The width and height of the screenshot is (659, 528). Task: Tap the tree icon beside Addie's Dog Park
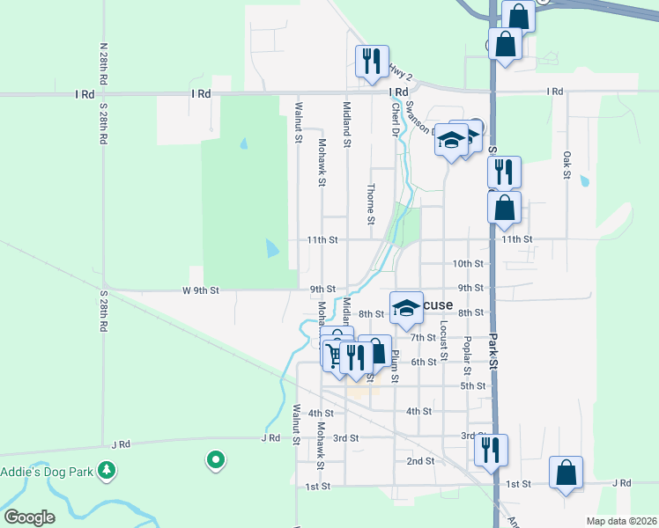click(x=107, y=471)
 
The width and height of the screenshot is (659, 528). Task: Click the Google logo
click(x=28, y=517)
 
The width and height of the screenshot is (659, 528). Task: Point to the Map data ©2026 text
click(x=620, y=521)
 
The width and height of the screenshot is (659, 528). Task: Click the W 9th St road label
click(x=201, y=290)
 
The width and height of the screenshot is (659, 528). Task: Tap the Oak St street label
click(x=567, y=164)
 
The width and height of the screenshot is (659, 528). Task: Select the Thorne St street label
click(x=372, y=202)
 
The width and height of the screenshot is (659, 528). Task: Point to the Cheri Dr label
click(x=396, y=119)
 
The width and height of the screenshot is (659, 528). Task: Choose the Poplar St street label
click(x=468, y=352)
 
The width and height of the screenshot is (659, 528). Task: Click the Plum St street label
click(x=396, y=366)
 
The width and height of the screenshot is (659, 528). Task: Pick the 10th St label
click(x=468, y=263)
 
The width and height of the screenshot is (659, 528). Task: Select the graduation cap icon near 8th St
click(x=406, y=307)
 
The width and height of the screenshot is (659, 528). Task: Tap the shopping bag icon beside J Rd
click(x=566, y=472)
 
